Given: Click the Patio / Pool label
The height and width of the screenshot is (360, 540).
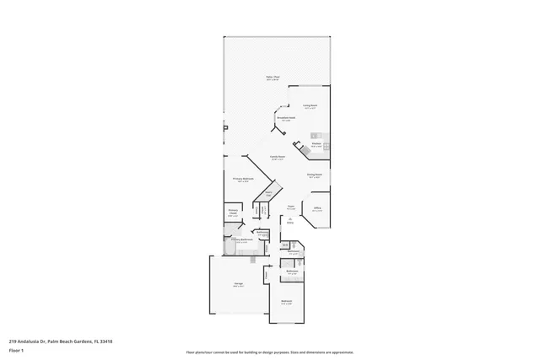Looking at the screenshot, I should [272, 78].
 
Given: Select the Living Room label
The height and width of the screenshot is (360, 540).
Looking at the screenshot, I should [310, 105].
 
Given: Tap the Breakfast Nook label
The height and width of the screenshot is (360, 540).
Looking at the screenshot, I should [286, 118].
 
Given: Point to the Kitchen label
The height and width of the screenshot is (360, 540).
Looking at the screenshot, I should [316, 144].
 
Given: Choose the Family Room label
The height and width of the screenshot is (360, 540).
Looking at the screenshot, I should [276, 156].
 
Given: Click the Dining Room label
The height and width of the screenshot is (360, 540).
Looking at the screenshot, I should [314, 175].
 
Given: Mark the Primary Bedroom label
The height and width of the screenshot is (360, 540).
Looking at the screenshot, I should [241, 179].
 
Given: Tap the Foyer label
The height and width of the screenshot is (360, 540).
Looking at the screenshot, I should [289, 206].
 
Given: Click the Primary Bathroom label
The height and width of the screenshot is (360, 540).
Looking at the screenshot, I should [243, 239].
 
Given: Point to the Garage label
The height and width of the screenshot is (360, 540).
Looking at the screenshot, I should [239, 285].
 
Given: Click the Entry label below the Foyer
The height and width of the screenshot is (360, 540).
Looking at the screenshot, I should [289, 221].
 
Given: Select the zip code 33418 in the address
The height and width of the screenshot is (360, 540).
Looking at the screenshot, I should [106, 341].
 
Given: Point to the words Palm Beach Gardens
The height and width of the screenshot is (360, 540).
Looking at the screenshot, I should [73, 341].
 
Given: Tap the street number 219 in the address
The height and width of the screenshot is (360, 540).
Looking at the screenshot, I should [13, 341].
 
